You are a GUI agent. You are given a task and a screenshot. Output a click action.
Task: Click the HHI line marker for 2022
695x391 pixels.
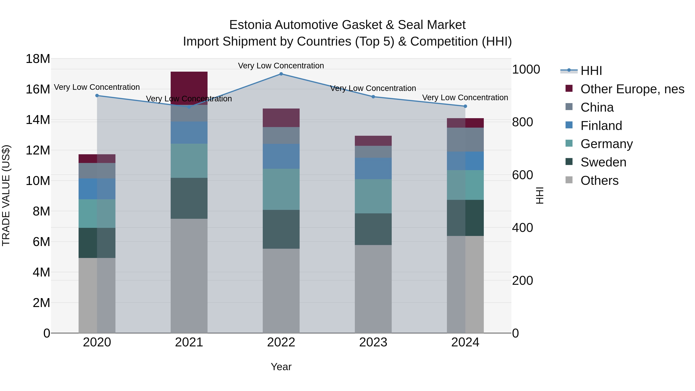click(281, 74)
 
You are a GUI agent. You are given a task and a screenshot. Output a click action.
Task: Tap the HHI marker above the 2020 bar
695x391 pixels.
click(97, 96)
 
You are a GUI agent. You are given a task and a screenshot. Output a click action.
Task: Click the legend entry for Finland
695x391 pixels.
click(601, 126)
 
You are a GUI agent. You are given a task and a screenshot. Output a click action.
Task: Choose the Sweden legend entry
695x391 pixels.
click(603, 162)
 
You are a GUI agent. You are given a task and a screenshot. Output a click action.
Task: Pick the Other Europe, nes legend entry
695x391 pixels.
click(632, 89)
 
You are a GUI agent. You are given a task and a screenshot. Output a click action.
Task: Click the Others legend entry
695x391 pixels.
click(599, 181)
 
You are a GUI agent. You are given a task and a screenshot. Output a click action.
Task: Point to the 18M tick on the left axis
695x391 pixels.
click(38, 59)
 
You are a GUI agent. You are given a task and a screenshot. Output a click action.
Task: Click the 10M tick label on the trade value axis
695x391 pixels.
click(38, 181)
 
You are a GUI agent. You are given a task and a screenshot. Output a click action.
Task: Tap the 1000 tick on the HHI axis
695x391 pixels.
click(526, 70)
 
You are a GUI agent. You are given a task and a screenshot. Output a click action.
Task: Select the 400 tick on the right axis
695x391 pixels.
click(522, 228)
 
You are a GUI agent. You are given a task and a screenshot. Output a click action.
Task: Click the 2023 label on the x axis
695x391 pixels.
click(373, 342)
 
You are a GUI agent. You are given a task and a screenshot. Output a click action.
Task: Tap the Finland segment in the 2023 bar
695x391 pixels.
click(373, 168)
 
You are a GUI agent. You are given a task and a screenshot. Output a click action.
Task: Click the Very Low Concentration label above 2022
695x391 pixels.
click(281, 66)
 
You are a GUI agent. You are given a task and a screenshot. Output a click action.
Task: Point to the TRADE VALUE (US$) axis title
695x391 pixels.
click(6, 195)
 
